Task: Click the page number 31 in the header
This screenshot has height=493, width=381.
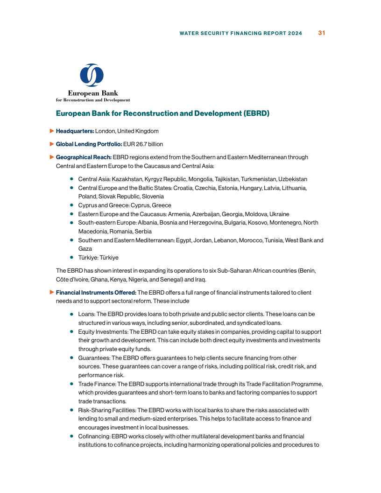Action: [322, 33]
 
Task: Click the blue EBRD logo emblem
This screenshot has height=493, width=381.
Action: [92, 75]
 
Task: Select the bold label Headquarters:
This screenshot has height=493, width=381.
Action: [75, 131]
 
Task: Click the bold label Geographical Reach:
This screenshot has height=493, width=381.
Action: [84, 157]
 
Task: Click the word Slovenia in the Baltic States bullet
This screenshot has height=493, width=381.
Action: [154, 197]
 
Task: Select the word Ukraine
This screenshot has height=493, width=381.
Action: [279, 214]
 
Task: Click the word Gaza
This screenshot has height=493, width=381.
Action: [85, 249]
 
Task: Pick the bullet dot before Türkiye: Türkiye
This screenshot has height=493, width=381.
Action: [72, 257]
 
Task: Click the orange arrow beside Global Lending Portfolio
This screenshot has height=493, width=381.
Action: [52, 144]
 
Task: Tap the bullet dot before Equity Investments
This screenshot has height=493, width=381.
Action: [72, 331]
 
